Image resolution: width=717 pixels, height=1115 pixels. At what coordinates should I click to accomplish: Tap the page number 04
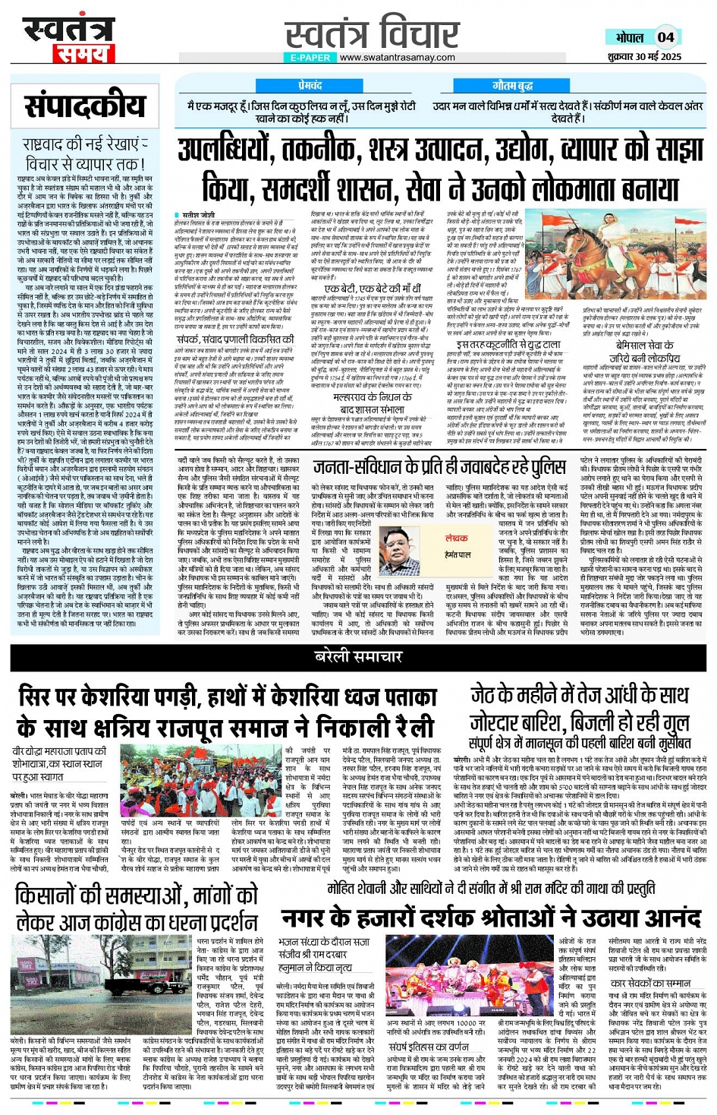pos(665,37)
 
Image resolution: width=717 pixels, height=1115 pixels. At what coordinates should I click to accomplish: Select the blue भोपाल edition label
pos(630,37)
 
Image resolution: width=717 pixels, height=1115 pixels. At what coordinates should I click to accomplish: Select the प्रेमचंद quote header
pos(310,87)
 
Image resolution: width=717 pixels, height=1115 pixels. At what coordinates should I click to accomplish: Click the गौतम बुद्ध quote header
pos(513,87)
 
